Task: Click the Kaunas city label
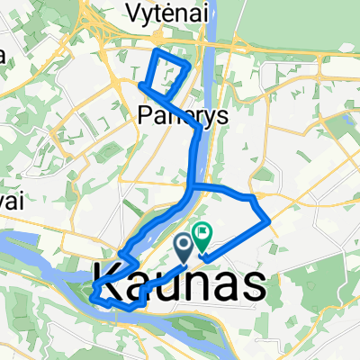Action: (x=180, y=284)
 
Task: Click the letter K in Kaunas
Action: (x=106, y=284)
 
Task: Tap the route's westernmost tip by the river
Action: (x=92, y=291)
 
